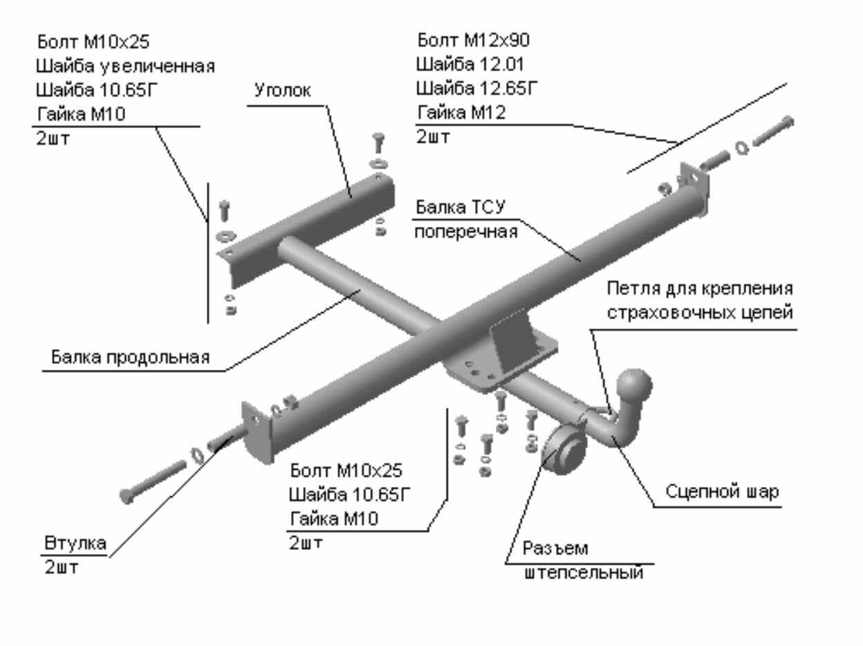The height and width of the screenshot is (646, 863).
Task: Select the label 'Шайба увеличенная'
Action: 125,66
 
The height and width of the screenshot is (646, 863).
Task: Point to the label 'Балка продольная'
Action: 130,358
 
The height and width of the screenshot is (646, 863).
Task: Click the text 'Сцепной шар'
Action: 722,492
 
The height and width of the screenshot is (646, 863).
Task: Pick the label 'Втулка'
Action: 75,543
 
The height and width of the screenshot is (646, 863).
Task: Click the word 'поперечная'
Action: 465,231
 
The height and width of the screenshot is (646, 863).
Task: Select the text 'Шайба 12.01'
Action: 470,65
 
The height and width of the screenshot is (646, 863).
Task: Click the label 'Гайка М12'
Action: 461,113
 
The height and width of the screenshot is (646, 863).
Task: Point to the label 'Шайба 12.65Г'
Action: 476,89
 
